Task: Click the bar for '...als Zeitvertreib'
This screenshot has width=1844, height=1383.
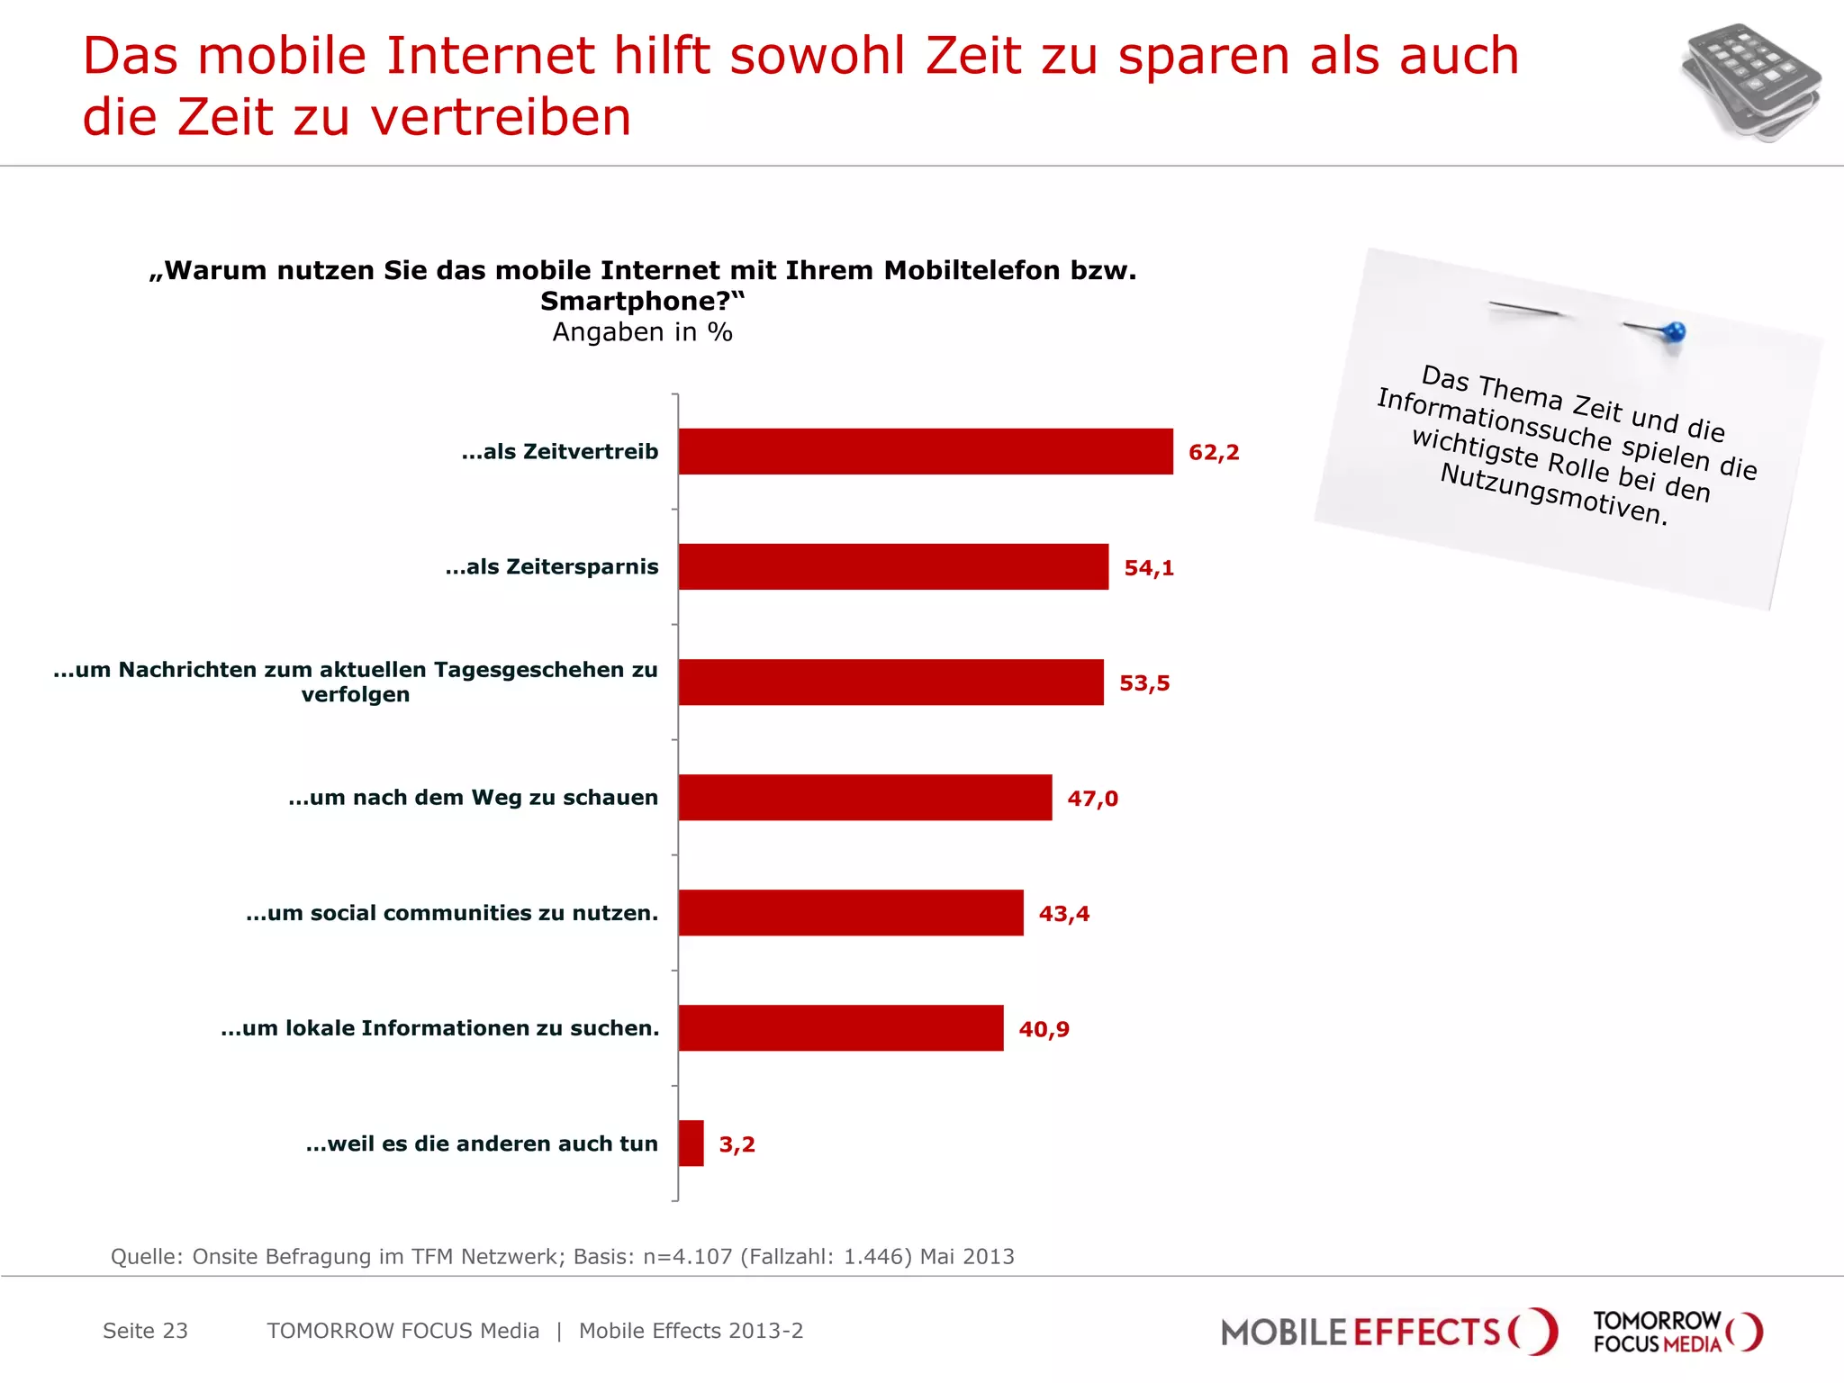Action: [x=925, y=451]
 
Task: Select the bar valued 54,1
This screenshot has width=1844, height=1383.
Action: [x=893, y=566]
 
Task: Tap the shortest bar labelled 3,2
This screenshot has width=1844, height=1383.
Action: [x=691, y=1143]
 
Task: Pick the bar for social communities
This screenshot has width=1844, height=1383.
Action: [x=850, y=912]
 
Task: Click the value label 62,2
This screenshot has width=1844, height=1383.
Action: [x=1213, y=452]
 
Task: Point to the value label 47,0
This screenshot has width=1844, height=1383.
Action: [x=1092, y=798]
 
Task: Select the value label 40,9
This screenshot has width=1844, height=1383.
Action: [x=1044, y=1028]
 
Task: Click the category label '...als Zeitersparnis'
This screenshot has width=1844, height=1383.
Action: [x=551, y=566]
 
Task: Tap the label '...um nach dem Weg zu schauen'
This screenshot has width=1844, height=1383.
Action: [x=473, y=797]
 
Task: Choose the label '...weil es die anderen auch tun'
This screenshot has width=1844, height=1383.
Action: [x=482, y=1143]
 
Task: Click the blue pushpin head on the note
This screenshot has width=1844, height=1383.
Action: [x=1674, y=332]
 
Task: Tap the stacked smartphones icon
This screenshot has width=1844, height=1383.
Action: [x=1749, y=83]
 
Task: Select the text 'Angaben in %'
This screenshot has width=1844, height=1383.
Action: [x=642, y=332]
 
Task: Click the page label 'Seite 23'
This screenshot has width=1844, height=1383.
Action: [x=145, y=1331]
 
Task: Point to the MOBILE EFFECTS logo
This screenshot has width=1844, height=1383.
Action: [x=1387, y=1332]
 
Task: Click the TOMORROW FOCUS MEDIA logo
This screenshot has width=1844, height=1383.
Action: [x=1677, y=1332]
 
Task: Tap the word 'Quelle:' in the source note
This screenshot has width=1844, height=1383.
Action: [x=147, y=1256]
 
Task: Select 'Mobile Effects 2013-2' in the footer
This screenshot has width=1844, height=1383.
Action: [x=691, y=1331]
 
